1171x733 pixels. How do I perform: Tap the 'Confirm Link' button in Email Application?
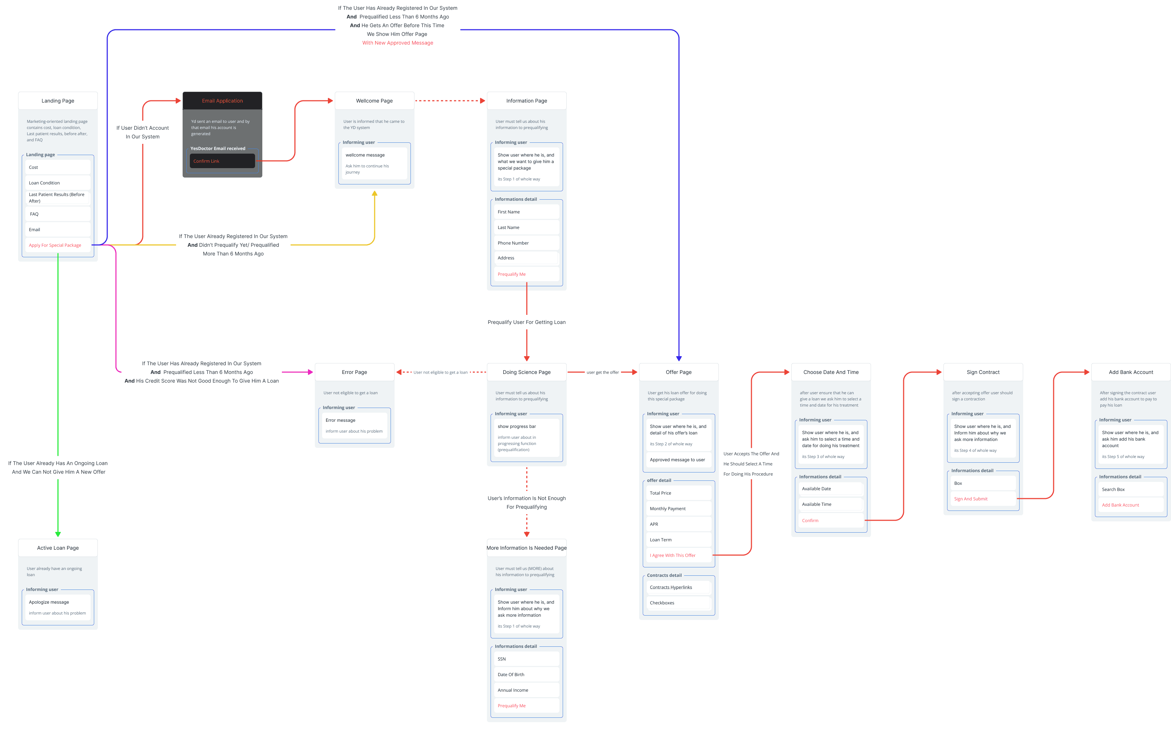pyautogui.click(x=222, y=161)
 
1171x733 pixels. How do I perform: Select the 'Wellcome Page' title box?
pyautogui.click(x=374, y=101)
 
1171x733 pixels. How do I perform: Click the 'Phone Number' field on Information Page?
pyautogui.click(x=526, y=243)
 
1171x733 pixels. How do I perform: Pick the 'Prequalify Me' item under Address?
pyautogui.click(x=526, y=274)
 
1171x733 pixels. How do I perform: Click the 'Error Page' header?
pyautogui.click(x=354, y=372)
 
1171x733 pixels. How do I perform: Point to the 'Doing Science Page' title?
pyautogui.click(x=526, y=372)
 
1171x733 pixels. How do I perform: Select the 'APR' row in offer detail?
pyautogui.click(x=679, y=524)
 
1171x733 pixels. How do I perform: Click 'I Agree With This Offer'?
pyautogui.click(x=679, y=555)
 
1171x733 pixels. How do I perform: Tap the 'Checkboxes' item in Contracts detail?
pyautogui.click(x=679, y=603)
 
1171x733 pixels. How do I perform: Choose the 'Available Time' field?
pyautogui.click(x=831, y=504)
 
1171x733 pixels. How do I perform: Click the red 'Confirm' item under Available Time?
pyautogui.click(x=831, y=521)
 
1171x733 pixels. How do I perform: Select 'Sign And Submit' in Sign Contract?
pyautogui.click(x=983, y=499)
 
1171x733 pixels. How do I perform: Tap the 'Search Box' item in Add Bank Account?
pyautogui.click(x=1131, y=490)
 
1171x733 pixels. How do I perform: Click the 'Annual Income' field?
pyautogui.click(x=526, y=690)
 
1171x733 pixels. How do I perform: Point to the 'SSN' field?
pyautogui.click(x=526, y=659)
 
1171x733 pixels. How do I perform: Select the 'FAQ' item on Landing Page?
pyautogui.click(x=58, y=214)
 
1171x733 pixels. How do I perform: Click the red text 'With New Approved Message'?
pyautogui.click(x=397, y=43)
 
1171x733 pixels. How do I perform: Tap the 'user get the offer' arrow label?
pyautogui.click(x=603, y=372)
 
